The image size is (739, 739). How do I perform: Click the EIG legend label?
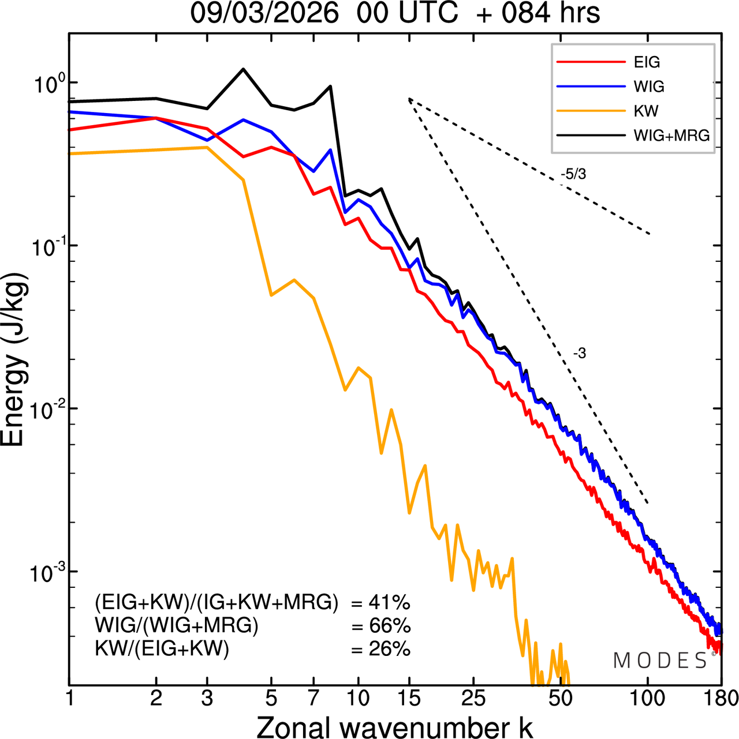pyautogui.click(x=647, y=62)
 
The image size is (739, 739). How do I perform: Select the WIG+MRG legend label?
pyautogui.click(x=671, y=136)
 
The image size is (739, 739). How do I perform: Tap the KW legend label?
pyautogui.click(x=646, y=111)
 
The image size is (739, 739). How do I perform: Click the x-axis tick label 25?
pyautogui.click(x=473, y=699)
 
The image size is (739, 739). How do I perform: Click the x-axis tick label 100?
pyautogui.click(x=648, y=699)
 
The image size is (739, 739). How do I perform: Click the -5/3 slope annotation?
pyautogui.click(x=573, y=174)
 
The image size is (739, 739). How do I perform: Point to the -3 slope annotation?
pyautogui.click(x=580, y=354)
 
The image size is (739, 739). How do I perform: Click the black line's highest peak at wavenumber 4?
pyautogui.click(x=243, y=69)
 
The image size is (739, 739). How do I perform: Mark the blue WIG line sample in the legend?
pyautogui.click(x=591, y=87)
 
